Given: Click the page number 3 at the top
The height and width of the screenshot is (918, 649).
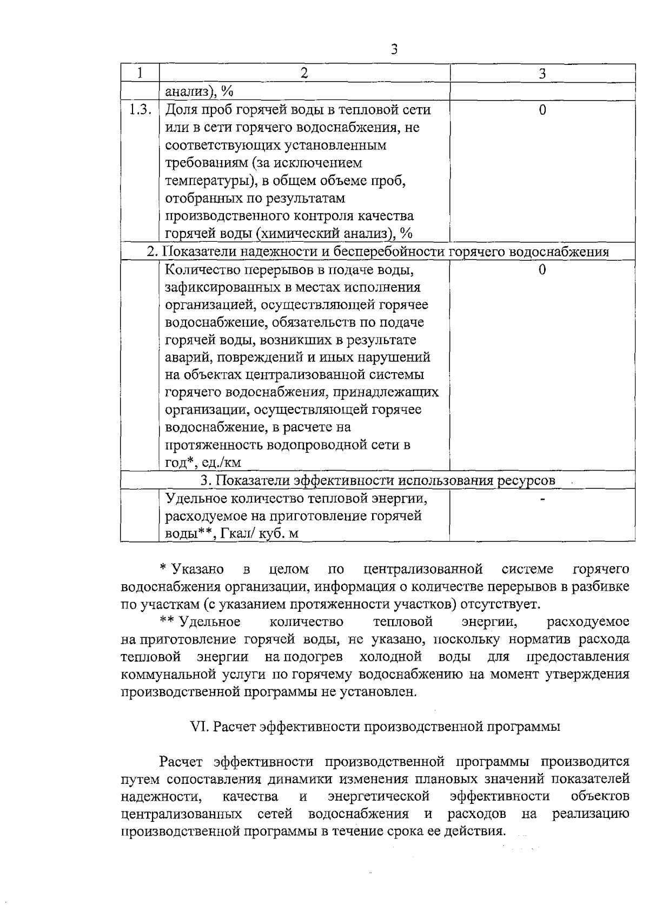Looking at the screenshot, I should click(x=394, y=49).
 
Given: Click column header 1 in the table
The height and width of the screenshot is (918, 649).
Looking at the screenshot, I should click(x=140, y=73).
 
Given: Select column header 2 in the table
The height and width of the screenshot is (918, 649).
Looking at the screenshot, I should click(x=304, y=73).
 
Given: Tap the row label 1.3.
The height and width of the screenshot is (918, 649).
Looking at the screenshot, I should click(x=140, y=110).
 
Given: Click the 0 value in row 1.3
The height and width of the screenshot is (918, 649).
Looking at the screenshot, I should click(x=542, y=110).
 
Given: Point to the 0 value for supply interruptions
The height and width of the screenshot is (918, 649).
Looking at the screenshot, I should click(x=542, y=269).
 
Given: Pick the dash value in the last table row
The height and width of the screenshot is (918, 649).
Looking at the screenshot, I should click(x=542, y=498).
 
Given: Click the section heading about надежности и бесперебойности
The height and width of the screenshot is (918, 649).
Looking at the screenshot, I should click(x=378, y=252).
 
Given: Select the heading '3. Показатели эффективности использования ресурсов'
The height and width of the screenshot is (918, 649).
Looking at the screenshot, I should click(x=378, y=480).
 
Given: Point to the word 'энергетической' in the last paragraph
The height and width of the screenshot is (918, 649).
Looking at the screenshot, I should click(x=379, y=796).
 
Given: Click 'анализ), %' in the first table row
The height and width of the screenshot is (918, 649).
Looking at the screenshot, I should click(x=198, y=92).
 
